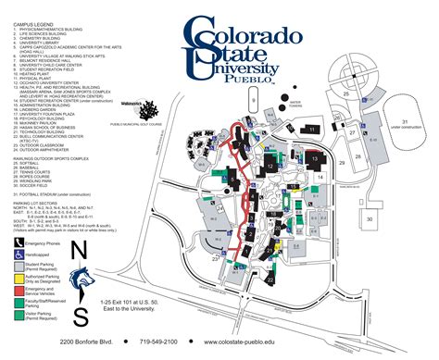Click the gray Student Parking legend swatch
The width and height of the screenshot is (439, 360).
pos(19,265)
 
